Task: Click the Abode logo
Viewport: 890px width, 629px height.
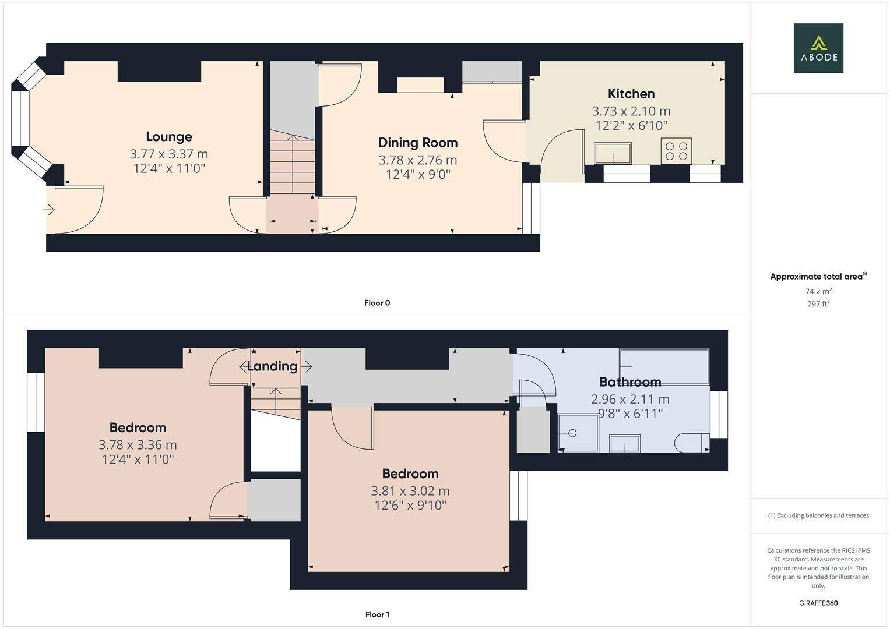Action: tap(818, 48)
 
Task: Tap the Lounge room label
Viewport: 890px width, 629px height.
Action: tap(168, 137)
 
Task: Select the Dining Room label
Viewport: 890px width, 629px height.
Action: tap(417, 143)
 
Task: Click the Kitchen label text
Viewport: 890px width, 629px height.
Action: tap(631, 94)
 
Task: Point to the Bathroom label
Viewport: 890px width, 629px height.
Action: tap(629, 382)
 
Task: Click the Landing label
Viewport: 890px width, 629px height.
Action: tap(272, 366)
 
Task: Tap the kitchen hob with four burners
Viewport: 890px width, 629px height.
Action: tap(676, 151)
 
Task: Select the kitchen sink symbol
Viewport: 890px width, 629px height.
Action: tap(613, 154)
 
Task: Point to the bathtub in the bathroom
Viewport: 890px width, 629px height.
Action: tap(664, 366)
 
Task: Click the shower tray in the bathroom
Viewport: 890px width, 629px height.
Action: tap(578, 433)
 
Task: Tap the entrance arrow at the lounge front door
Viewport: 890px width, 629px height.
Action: tap(50, 210)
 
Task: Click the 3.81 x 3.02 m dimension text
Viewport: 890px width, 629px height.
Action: tap(410, 491)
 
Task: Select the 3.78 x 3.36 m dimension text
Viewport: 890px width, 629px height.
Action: tap(138, 445)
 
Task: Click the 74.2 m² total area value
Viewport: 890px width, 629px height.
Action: tap(818, 291)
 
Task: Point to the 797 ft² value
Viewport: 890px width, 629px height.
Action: tap(818, 304)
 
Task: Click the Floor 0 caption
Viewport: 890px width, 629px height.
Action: tap(377, 303)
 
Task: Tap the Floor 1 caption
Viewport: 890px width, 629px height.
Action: tap(377, 614)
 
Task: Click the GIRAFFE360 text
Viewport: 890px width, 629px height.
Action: tap(818, 603)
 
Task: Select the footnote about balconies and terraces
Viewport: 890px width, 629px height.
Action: tap(818, 515)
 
